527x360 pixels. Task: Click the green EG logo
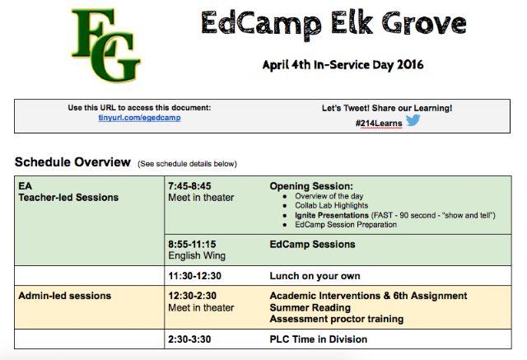[105, 45]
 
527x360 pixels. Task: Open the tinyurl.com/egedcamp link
[139, 118]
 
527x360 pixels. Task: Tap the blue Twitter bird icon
[413, 120]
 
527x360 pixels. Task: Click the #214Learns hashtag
[379, 124]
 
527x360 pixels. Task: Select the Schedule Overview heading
[72, 162]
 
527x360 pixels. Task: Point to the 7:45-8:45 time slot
[189, 186]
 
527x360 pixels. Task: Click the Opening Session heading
[311, 186]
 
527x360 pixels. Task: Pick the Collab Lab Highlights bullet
[331, 205]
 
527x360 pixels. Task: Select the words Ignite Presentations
[332, 215]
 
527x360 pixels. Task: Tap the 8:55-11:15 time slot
[192, 245]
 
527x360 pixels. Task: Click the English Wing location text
[197, 256]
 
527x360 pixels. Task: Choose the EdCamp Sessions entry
[312, 245]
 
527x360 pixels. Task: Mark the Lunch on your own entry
[315, 276]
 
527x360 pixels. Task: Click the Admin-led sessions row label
[65, 296]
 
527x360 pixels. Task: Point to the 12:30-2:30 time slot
[192, 296]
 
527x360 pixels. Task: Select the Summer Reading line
[310, 307]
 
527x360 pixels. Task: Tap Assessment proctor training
[337, 319]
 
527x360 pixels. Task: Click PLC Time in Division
[319, 339]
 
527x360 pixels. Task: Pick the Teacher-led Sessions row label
[68, 198]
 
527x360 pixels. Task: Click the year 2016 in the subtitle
[410, 64]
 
